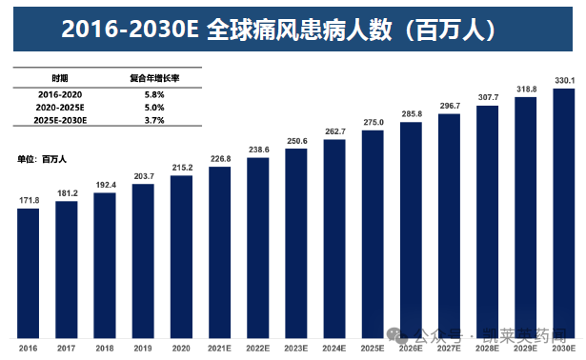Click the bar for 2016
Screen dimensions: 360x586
[29, 272]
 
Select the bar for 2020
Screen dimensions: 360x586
[181, 256]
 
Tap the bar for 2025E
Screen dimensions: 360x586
[373, 233]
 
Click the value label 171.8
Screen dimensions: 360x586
[29, 200]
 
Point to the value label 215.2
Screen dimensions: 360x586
[181, 168]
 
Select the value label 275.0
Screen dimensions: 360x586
[373, 123]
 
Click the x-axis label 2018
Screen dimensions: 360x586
[105, 349]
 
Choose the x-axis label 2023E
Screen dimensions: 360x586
[296, 349]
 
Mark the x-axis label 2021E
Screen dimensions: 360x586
[219, 349]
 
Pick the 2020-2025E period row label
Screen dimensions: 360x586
[59, 109]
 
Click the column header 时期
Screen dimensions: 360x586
[59, 78]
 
